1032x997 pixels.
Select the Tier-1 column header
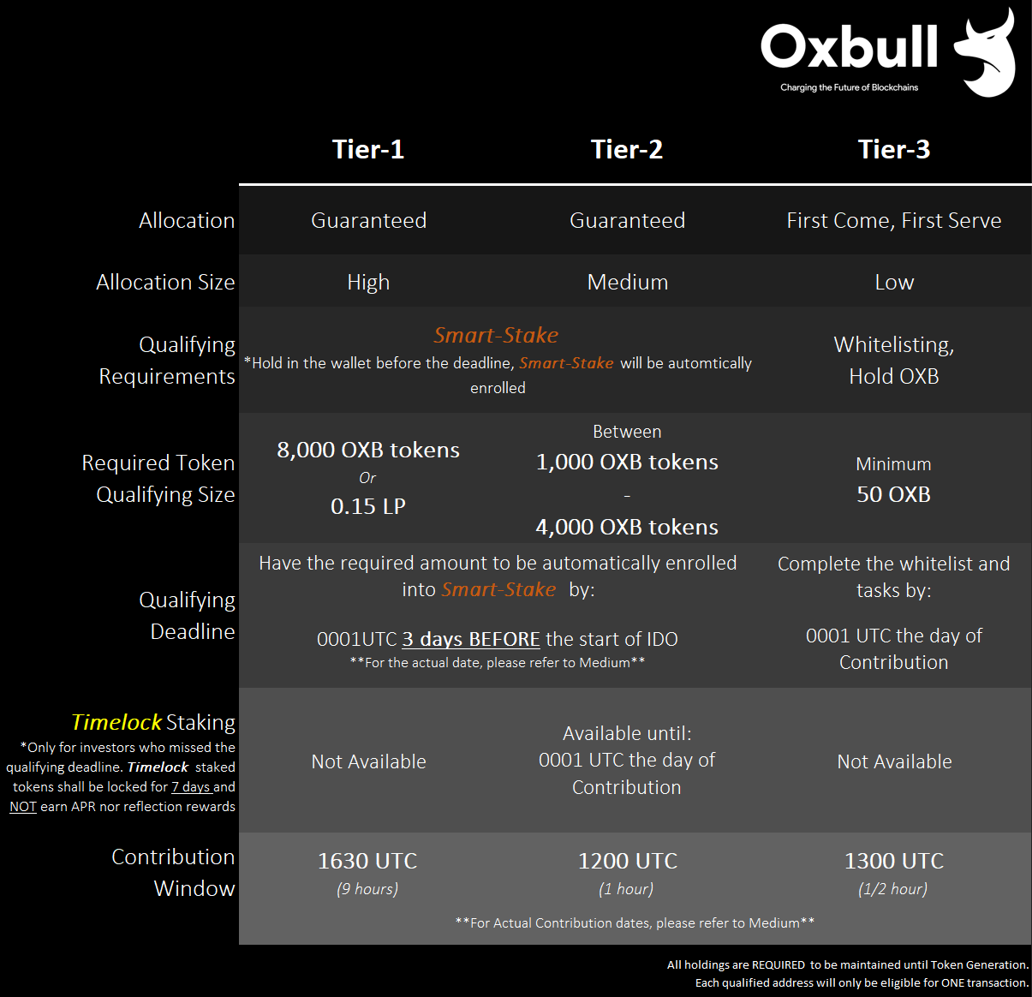coord(368,149)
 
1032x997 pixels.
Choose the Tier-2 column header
coord(627,149)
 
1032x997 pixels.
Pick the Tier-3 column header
coord(894,149)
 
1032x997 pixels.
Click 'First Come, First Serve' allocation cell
coord(894,221)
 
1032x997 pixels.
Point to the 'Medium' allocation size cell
coord(628,282)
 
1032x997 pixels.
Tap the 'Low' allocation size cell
coord(894,282)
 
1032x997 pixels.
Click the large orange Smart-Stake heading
coord(496,335)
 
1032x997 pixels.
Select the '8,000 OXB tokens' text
coord(368,450)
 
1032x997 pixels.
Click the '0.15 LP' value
coord(368,506)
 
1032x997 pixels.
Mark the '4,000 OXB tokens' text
coord(627,527)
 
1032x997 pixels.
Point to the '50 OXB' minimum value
coord(893,494)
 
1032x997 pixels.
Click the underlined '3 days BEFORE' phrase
coord(471,639)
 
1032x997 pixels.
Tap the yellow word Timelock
coord(116,722)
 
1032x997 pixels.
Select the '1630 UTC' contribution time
coord(367,861)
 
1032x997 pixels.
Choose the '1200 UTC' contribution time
coord(628,861)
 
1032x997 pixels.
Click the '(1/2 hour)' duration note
coord(893,889)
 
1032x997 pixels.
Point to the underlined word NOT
coord(23,807)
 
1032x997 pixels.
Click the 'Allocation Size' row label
coord(165,282)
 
